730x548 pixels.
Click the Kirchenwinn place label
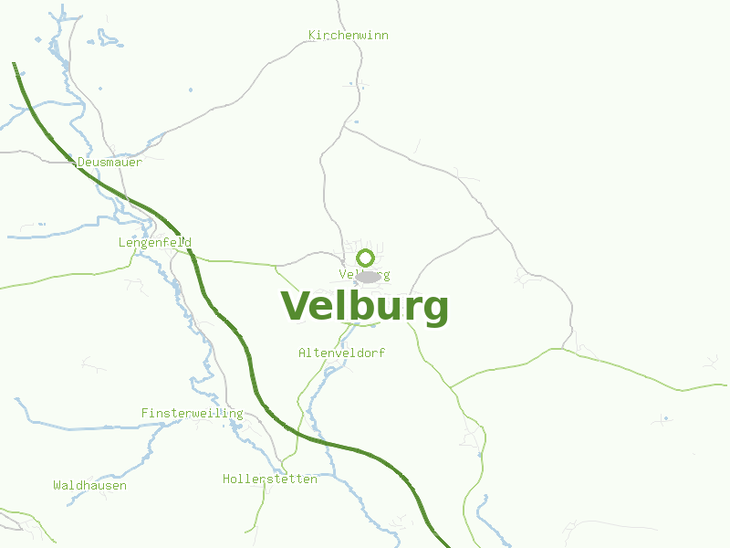(x=348, y=36)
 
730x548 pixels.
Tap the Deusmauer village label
(x=109, y=162)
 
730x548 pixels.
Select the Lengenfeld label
(x=154, y=243)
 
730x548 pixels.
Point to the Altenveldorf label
(x=341, y=353)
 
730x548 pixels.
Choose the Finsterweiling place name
(x=192, y=414)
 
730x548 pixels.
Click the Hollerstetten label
(x=270, y=479)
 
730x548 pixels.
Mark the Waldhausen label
(x=89, y=486)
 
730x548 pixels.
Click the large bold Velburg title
(x=365, y=307)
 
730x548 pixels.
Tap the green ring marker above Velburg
(x=366, y=258)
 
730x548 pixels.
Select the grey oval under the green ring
(x=368, y=276)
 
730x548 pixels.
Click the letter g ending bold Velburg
(x=434, y=311)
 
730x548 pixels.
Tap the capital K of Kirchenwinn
(x=312, y=36)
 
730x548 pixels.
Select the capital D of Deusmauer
(x=81, y=162)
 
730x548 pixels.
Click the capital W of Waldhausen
(x=57, y=486)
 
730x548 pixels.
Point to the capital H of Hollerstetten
(x=226, y=479)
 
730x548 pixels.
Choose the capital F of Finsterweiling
(x=144, y=414)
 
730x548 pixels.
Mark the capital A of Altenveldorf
(x=302, y=353)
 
